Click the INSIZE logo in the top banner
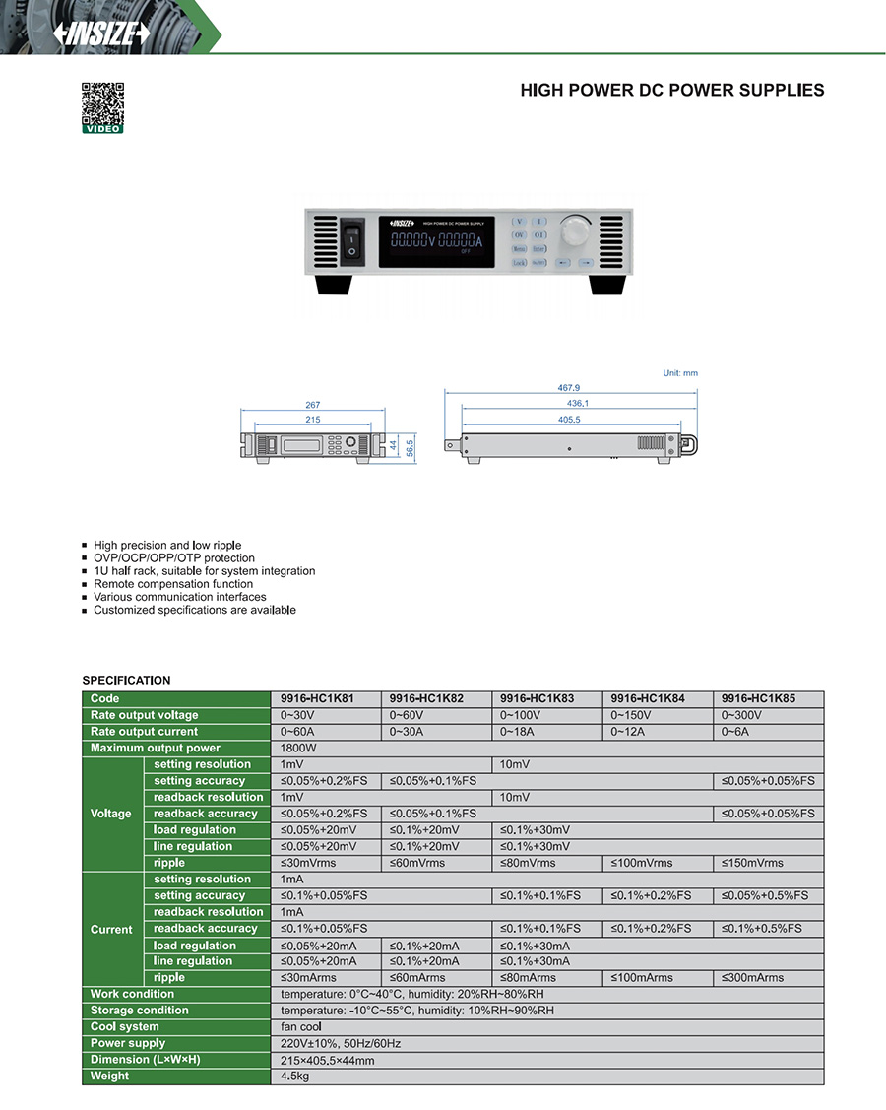click(102, 33)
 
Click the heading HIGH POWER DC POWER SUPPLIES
click(672, 91)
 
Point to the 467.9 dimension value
click(569, 388)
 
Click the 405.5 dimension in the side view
click(569, 419)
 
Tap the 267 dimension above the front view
click(312, 405)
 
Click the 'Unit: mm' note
click(679, 373)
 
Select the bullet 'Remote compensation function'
click(173, 584)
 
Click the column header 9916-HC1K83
click(538, 698)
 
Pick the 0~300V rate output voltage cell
click(741, 715)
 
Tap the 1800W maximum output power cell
click(299, 749)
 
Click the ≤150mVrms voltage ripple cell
click(753, 863)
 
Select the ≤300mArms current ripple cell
click(753, 978)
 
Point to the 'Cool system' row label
click(125, 1027)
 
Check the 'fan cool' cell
click(301, 1027)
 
